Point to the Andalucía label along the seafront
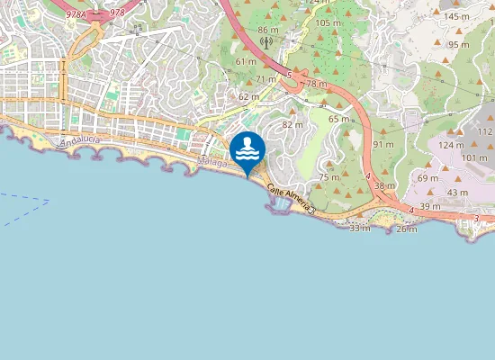click(80, 141)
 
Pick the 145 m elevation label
click(456, 16)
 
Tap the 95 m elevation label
click(459, 44)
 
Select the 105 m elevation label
click(328, 22)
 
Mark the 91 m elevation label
click(383, 144)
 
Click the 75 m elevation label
click(328, 177)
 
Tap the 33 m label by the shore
click(359, 229)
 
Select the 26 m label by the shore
click(407, 229)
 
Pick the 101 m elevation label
click(473, 158)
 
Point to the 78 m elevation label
click(316, 84)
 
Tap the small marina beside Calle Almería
click(280, 206)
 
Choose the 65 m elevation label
click(338, 119)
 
